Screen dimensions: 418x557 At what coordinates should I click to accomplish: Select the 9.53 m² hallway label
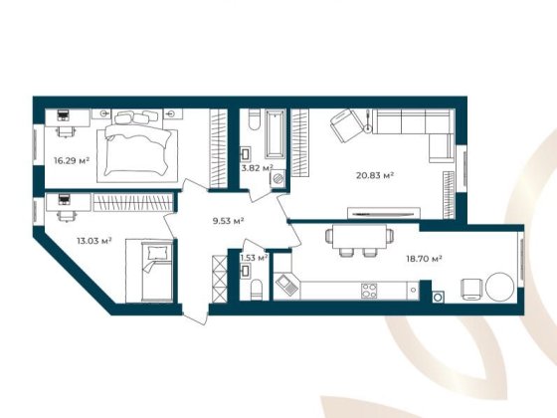(228, 221)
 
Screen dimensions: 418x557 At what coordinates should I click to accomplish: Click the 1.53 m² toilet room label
(255, 258)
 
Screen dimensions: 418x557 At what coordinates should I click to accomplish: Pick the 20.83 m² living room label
(375, 175)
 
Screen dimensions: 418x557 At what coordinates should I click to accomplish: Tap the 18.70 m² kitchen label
(423, 257)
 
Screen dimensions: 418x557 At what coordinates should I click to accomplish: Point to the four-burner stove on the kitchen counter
(368, 291)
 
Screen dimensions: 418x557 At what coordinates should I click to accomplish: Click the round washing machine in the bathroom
(278, 178)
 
